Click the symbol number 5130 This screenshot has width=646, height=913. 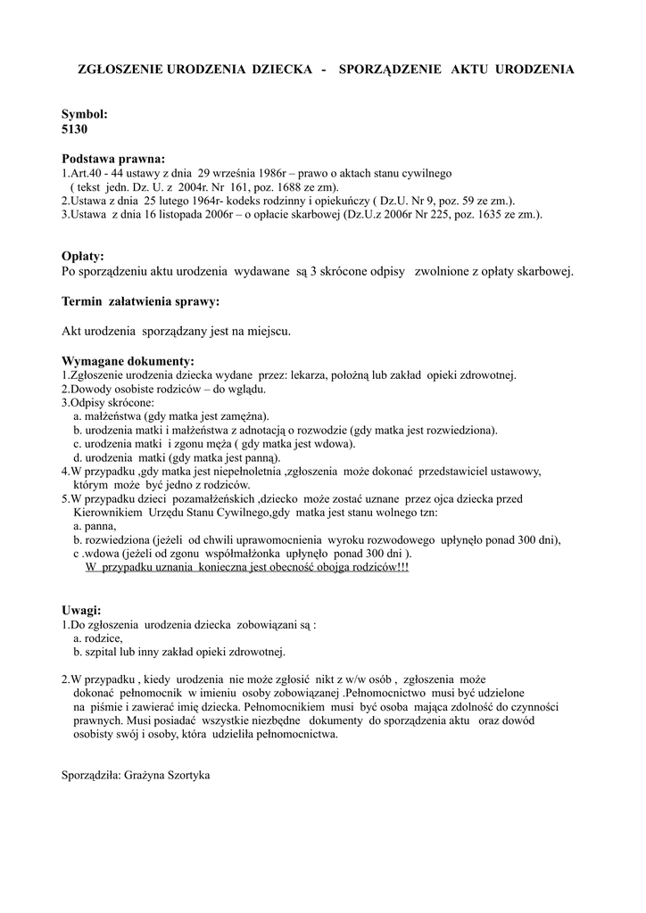(74, 129)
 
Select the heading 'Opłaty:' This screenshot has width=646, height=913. (83, 256)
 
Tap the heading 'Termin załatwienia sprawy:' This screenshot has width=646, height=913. (140, 301)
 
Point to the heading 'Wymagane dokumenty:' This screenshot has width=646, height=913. (128, 361)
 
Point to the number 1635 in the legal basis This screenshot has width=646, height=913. (484, 215)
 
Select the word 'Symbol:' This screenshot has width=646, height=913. (84, 115)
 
